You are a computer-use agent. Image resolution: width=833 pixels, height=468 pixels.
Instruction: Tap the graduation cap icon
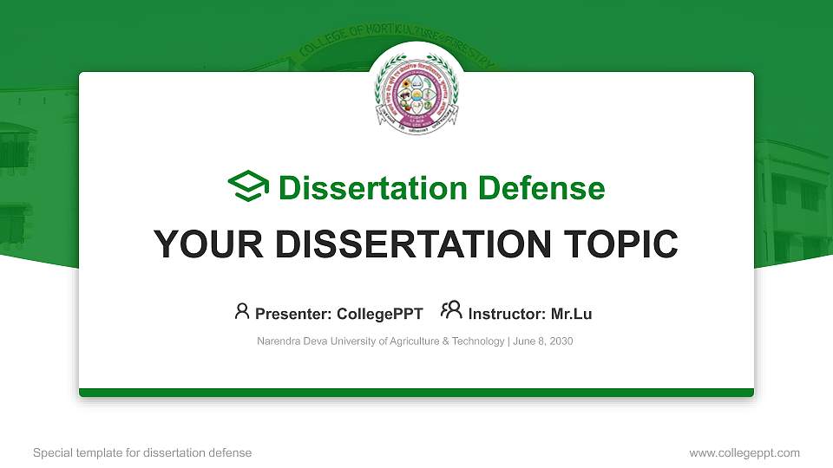248,186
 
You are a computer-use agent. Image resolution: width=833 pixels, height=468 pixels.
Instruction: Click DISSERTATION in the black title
412,244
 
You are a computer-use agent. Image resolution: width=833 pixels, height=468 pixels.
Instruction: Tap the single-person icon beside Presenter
242,311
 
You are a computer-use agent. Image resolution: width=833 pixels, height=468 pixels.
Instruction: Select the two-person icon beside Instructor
451,311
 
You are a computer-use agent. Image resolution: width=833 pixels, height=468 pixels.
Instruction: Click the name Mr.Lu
572,314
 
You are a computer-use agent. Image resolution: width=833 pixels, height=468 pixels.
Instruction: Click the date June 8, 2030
543,341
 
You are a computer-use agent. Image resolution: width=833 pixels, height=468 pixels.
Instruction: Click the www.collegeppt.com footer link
744,452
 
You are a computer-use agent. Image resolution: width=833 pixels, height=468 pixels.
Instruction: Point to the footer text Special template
73,452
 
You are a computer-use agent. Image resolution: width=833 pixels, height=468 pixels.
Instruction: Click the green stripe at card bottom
416,393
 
